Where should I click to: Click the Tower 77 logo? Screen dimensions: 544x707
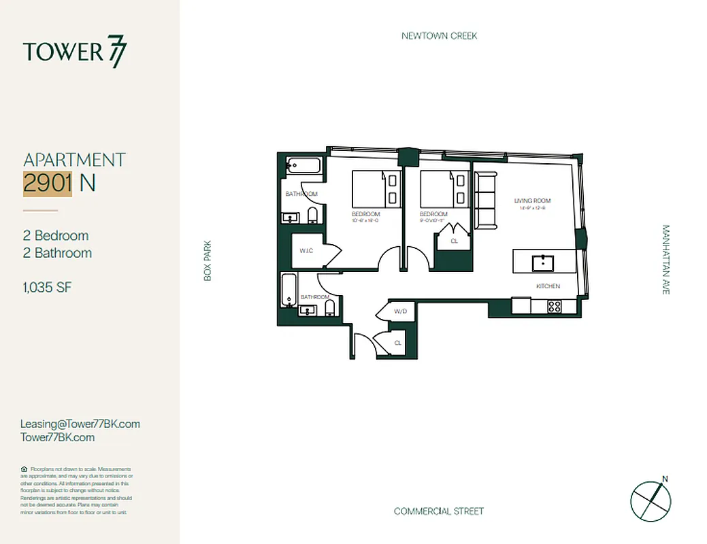tap(75, 52)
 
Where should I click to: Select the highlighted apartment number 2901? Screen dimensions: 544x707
tap(48, 183)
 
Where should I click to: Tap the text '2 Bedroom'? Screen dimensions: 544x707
tap(56, 236)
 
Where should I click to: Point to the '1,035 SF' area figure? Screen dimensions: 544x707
tap(47, 288)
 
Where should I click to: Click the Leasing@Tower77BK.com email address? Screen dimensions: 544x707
tap(80, 424)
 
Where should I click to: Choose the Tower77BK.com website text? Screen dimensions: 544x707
tap(58, 437)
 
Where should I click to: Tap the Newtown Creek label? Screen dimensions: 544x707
tap(439, 35)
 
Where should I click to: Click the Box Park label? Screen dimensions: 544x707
tap(208, 260)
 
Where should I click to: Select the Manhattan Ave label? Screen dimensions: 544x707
tap(665, 260)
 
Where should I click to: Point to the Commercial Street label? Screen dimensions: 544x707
tap(439, 511)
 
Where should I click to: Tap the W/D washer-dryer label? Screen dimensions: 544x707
tap(400, 311)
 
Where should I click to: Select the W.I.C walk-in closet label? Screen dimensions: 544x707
tap(306, 251)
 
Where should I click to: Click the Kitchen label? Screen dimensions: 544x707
tap(548, 286)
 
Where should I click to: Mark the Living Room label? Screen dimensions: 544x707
tap(532, 201)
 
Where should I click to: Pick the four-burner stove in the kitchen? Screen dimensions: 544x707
tap(555, 306)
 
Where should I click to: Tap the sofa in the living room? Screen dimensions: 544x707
tap(485, 201)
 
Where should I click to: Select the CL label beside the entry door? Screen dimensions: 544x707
tap(397, 343)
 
